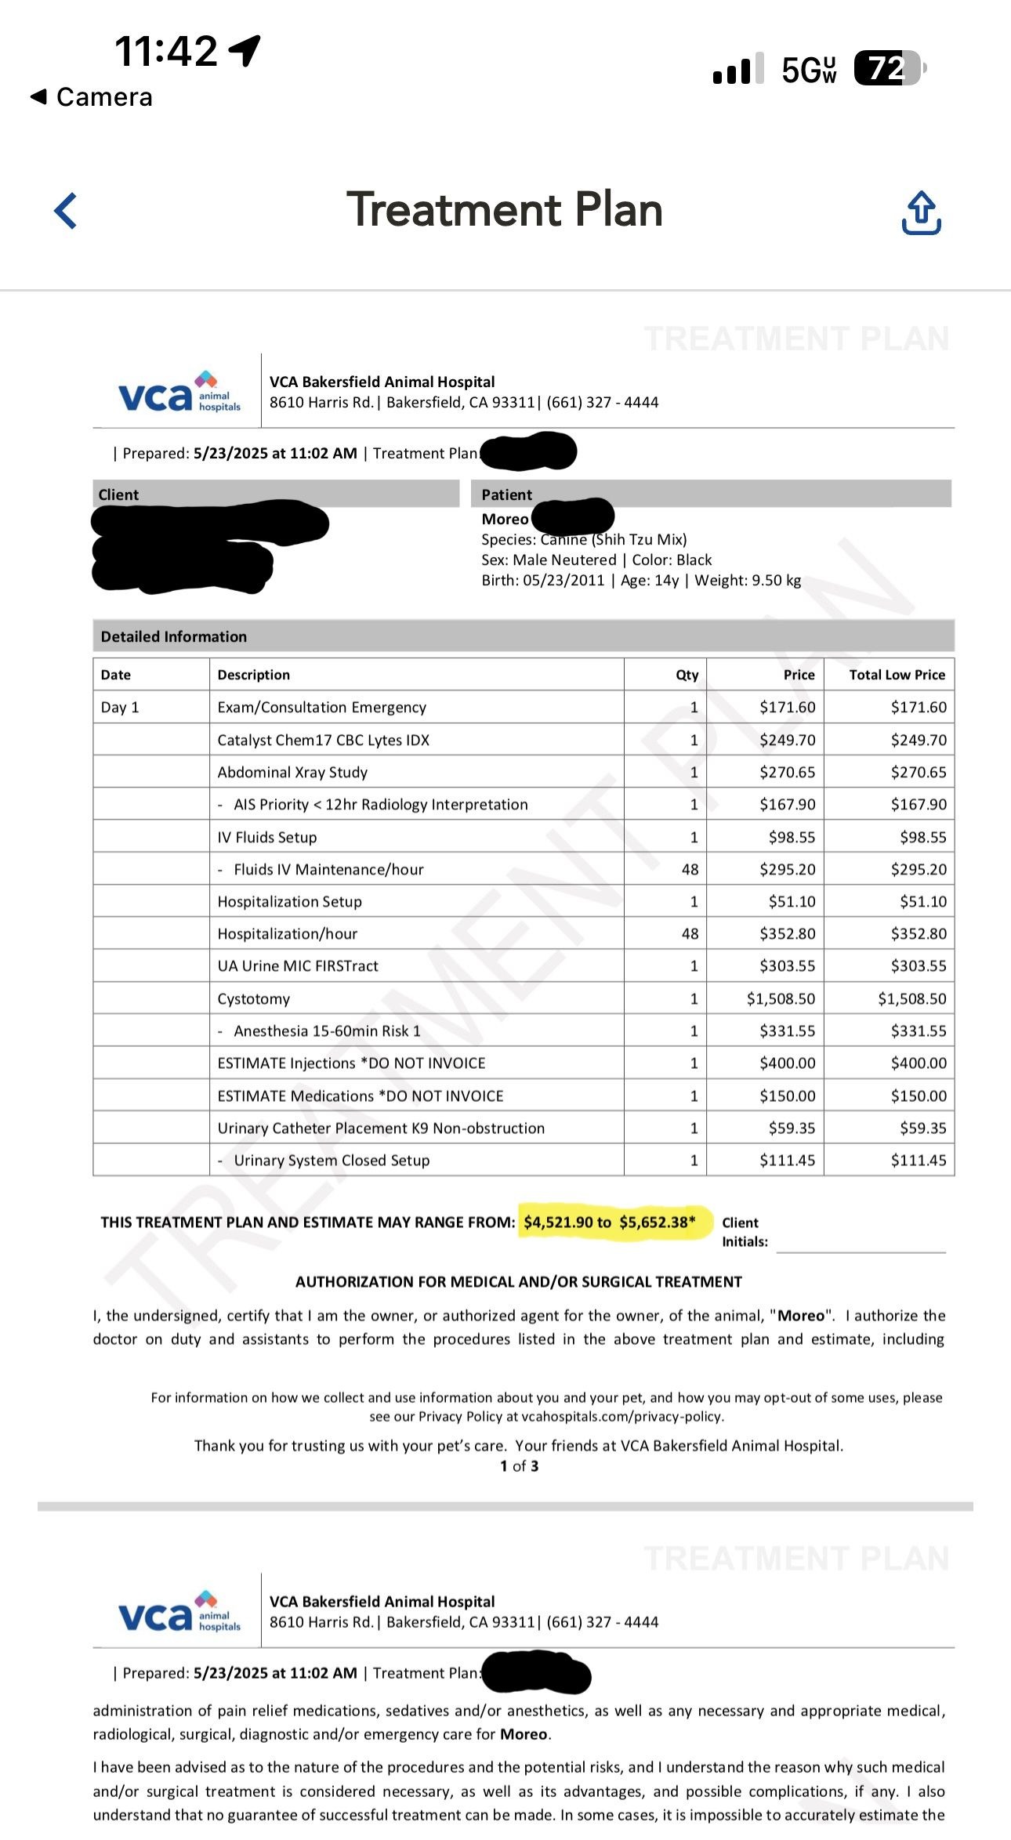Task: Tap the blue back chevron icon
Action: pos(66,211)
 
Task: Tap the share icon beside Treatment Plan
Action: pos(922,213)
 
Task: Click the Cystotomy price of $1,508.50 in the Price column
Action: pos(781,998)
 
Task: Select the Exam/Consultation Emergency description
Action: pos(321,708)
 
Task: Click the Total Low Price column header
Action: pos(897,675)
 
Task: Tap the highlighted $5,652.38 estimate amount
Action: pos(657,1222)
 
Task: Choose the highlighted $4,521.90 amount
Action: pos(558,1222)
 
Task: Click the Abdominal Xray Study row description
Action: pos(292,772)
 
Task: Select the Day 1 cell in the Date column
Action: pos(120,708)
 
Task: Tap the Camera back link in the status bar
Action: pos(92,97)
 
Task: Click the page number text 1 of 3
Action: pos(519,1466)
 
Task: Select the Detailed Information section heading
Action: pos(174,636)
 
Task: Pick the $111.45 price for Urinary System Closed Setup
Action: pos(787,1160)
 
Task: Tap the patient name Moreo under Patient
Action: pos(505,519)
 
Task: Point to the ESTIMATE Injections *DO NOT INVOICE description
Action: pos(351,1063)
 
